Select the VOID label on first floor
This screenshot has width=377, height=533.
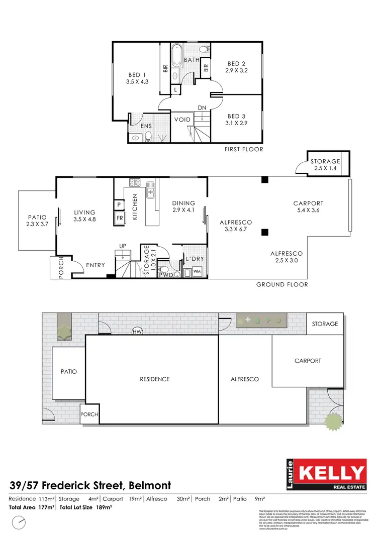182,120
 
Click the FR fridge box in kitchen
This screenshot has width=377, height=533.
120,218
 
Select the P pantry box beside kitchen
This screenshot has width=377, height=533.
120,205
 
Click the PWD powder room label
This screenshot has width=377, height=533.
166,275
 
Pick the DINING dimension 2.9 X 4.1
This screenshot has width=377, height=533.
183,210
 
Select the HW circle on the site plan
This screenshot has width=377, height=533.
136,332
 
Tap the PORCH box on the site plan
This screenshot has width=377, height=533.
90,415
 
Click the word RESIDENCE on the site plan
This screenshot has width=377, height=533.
154,379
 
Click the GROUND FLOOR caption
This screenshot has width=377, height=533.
282,284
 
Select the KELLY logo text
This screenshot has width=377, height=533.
332,473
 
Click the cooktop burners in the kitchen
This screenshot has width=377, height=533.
134,182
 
